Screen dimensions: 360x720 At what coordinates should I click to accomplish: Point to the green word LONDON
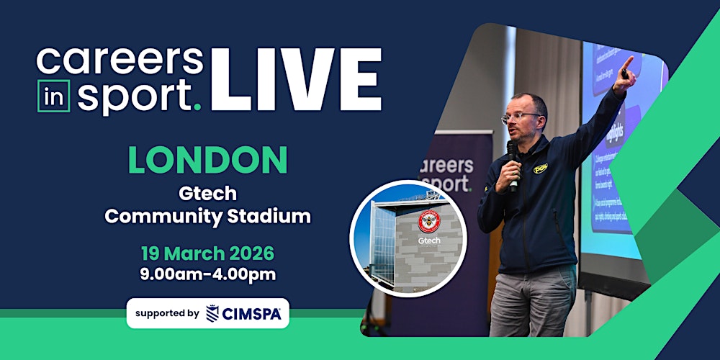[208, 161]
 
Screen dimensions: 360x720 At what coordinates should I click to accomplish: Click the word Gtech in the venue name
[207, 194]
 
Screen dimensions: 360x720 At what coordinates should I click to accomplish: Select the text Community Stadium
[207, 216]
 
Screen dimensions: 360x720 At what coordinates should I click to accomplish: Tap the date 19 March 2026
[208, 253]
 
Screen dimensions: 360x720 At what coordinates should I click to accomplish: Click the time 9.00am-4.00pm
[208, 274]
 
